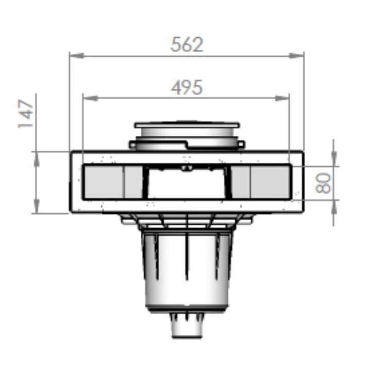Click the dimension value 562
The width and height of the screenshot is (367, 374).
click(x=187, y=45)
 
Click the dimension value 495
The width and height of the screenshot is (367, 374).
click(x=187, y=87)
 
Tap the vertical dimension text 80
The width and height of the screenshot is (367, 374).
click(x=324, y=183)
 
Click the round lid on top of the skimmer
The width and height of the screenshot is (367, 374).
click(x=187, y=125)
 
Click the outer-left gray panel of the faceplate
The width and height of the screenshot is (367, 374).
click(x=103, y=182)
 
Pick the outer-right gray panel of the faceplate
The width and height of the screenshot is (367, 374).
click(x=270, y=182)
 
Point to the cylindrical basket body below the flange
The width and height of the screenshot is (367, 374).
click(x=187, y=269)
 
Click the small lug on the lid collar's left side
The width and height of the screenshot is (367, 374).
click(x=133, y=145)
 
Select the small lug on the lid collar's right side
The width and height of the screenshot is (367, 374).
click(x=241, y=145)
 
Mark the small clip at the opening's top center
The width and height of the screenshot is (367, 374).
click(x=187, y=168)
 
